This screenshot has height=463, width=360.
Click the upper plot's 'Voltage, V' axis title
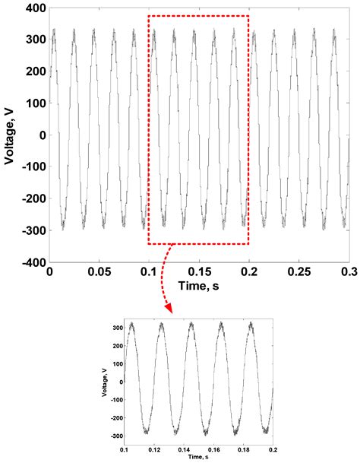pyautogui.click(x=11, y=135)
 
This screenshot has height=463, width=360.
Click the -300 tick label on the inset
pyautogui.click(x=115, y=436)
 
